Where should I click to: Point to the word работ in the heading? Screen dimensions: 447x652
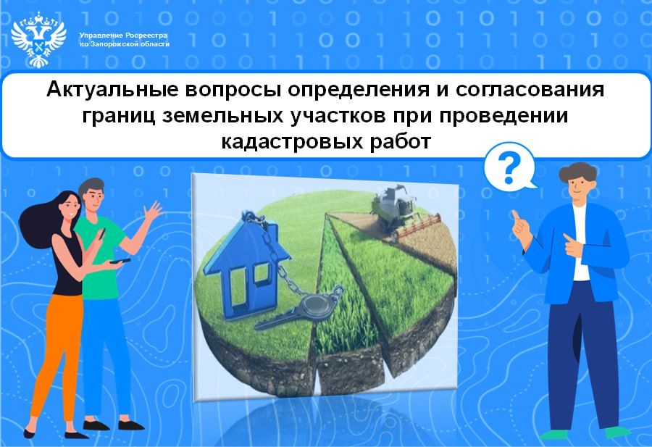[x=398, y=141]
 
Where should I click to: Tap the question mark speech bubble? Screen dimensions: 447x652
[x=510, y=166]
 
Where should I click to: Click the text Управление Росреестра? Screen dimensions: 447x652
[x=123, y=35]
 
